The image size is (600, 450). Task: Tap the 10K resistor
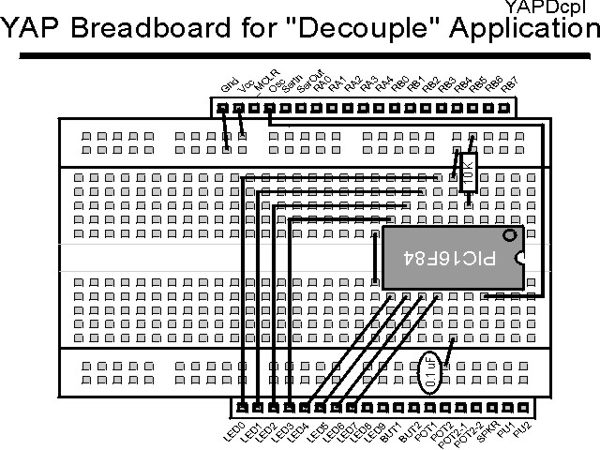coord(468,172)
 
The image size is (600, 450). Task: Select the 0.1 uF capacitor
coord(429,371)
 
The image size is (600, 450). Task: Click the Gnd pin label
coord(227,88)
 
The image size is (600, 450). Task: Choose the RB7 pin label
coord(508,83)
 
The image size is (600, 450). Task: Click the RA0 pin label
coord(322,84)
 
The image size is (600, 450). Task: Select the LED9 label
coord(372,432)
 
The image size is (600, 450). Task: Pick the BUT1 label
coord(388,432)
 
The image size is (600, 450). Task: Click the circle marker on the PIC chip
coord(509,235)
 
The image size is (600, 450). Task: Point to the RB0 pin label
coord(399,84)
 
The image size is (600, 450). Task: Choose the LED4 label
coord(295,432)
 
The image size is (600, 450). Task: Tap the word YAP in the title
coord(35,28)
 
